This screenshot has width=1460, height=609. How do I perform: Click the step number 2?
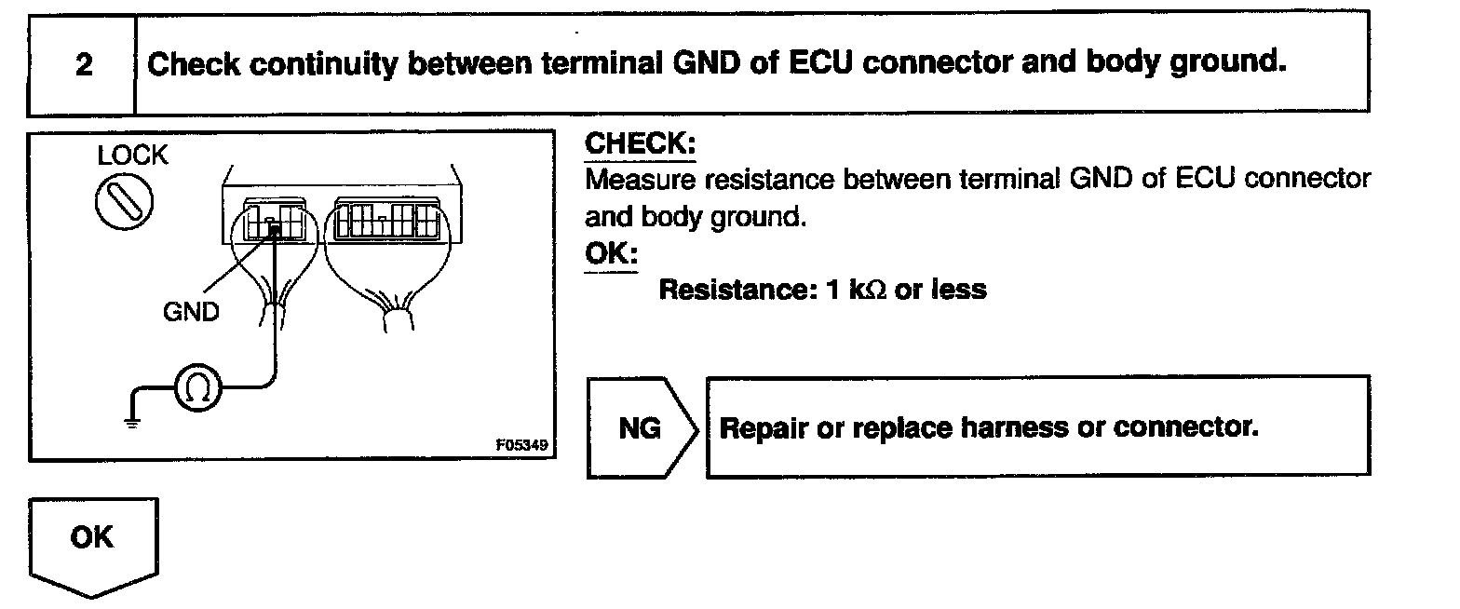tap(83, 65)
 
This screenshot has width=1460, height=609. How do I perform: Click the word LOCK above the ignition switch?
tap(133, 156)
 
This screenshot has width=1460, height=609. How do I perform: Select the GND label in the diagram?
tap(191, 311)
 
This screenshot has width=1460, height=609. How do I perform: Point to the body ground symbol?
tap(133, 420)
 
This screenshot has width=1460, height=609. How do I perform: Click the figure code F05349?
tap(523, 445)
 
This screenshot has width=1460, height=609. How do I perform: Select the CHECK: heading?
tap(640, 145)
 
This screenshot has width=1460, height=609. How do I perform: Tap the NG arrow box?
tap(641, 427)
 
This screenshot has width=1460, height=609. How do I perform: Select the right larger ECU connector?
tap(385, 221)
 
